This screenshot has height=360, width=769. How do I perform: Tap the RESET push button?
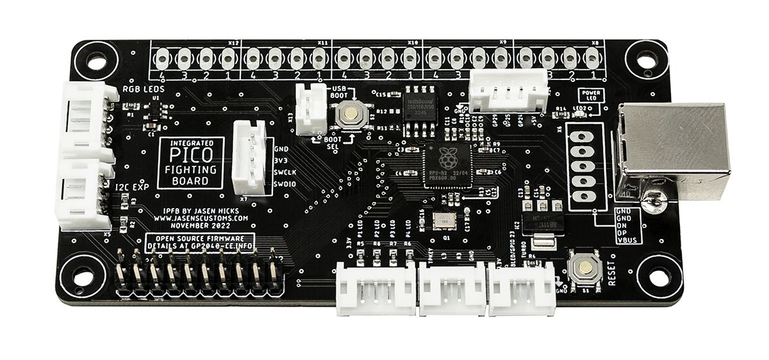click(x=583, y=268)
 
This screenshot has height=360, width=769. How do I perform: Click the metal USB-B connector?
click(x=673, y=151)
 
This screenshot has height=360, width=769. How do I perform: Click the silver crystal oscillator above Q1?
click(x=442, y=221)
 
